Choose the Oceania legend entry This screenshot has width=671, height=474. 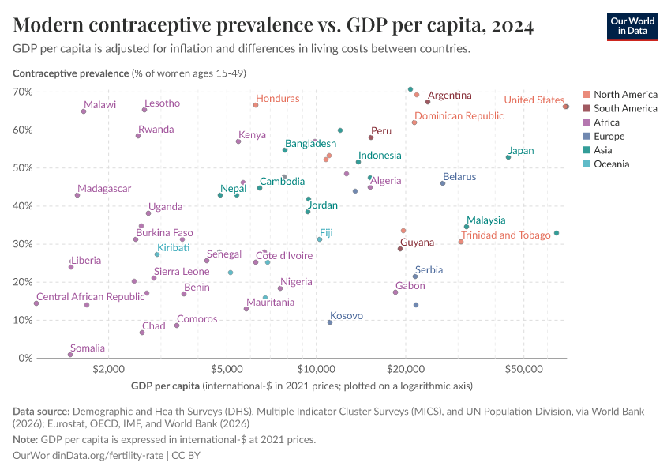click(611, 164)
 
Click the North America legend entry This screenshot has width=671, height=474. click(624, 94)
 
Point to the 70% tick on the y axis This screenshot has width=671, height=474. click(23, 92)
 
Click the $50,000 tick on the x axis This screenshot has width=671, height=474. click(525, 369)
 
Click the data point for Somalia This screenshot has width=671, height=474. click(70, 355)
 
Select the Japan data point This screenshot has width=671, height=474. click(508, 157)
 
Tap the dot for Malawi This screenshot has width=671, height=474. click(84, 111)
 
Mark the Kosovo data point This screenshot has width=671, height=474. click(330, 322)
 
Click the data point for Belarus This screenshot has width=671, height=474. click(443, 183)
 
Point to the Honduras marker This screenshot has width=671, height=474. click(256, 105)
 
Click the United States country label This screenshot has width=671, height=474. click(534, 100)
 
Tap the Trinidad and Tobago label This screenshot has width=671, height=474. click(506, 235)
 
